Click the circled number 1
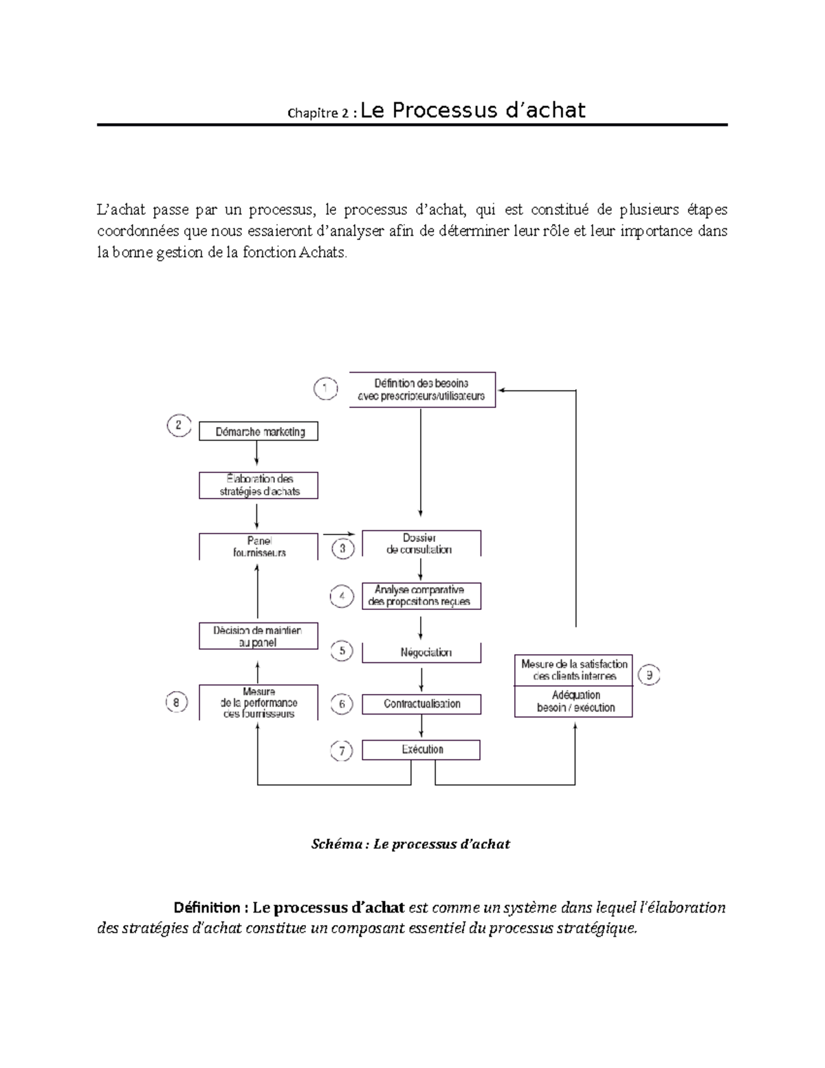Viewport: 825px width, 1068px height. [x=325, y=389]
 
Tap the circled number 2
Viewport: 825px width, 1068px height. [x=179, y=425]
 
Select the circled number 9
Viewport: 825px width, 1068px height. [x=648, y=675]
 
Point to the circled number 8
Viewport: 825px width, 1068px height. [x=177, y=703]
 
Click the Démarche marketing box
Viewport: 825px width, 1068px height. [x=258, y=432]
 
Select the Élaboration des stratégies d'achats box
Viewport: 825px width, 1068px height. [x=258, y=485]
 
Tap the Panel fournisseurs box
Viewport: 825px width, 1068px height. [x=258, y=547]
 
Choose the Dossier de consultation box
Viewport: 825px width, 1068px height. [x=421, y=543]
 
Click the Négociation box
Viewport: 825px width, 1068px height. [x=421, y=652]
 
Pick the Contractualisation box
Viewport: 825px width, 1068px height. [x=421, y=704]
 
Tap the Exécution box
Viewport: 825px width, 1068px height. [x=421, y=750]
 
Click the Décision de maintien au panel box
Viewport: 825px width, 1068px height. [x=258, y=636]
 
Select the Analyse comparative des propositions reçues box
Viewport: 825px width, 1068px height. [x=421, y=596]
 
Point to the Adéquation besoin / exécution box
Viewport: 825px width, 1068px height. [x=574, y=701]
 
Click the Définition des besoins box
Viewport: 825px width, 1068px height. [x=422, y=389]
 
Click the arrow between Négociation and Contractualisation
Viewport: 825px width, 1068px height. [x=421, y=679]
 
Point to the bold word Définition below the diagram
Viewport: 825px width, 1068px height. [x=202, y=908]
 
